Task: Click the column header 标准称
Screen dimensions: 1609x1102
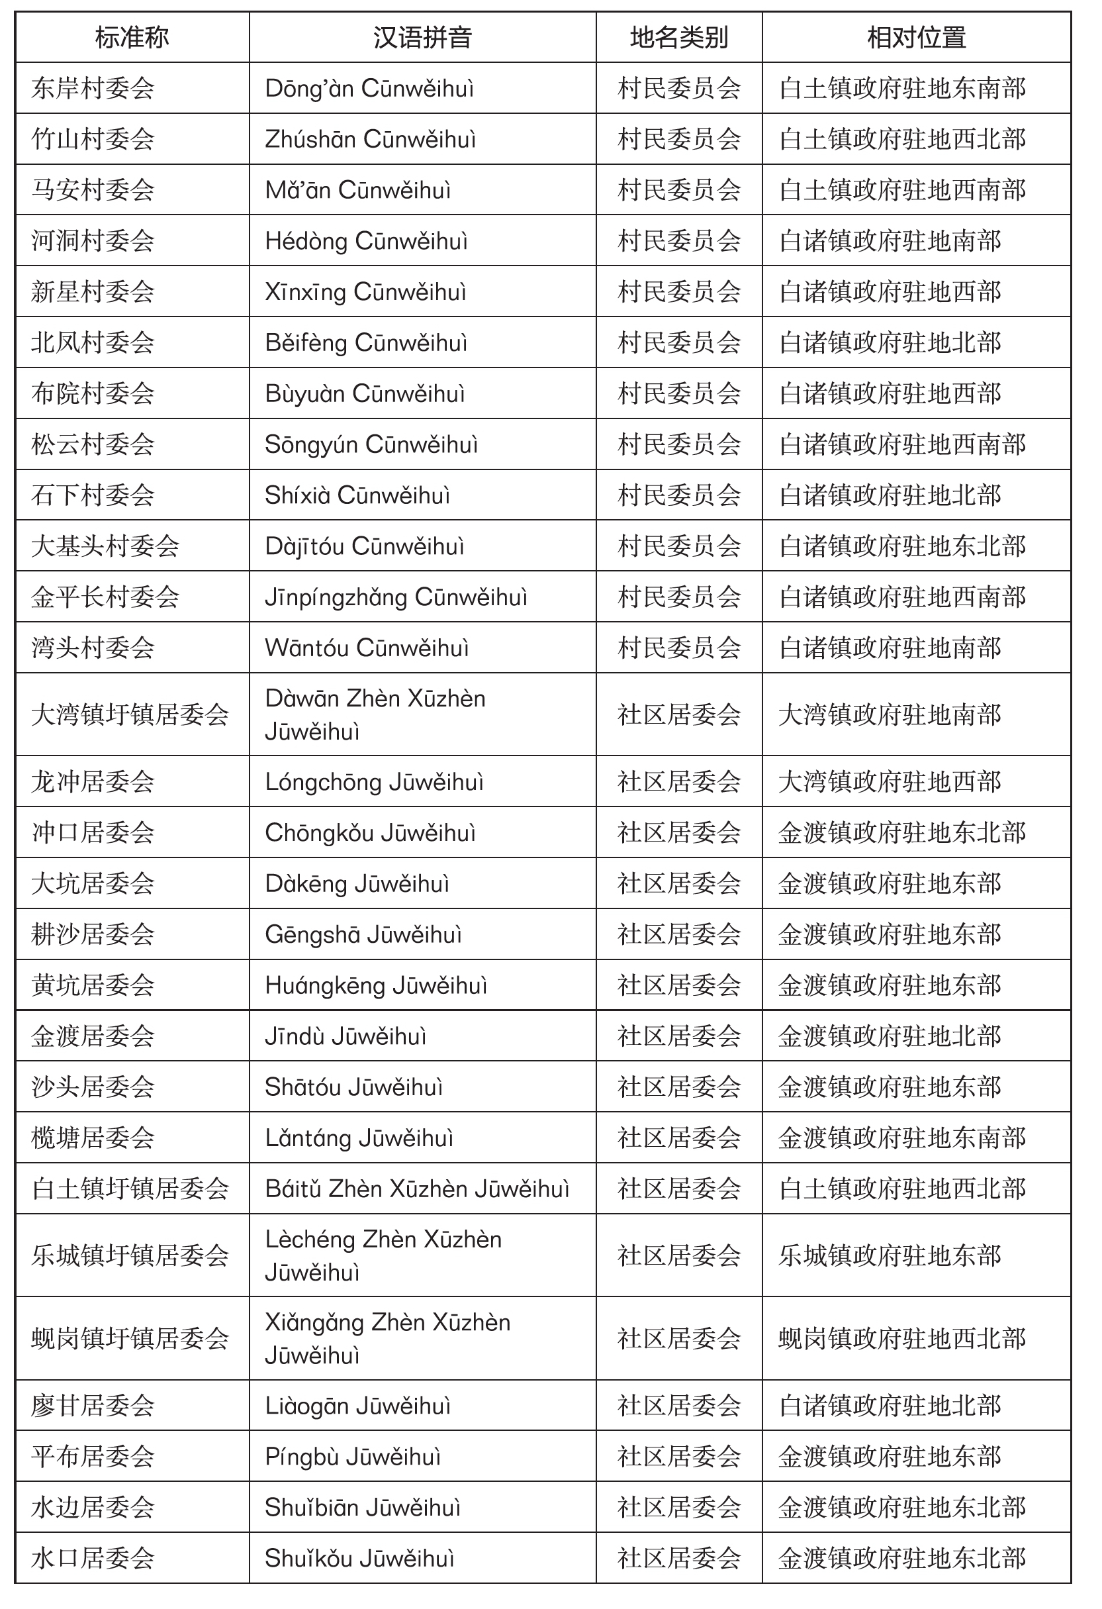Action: [132, 37]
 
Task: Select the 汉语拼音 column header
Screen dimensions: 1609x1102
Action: [422, 37]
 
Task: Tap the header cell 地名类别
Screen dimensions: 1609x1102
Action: [678, 37]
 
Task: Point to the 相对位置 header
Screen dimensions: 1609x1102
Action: [916, 37]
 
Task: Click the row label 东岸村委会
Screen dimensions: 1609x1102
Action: [93, 89]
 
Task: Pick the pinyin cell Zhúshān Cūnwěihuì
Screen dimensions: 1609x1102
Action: [371, 139]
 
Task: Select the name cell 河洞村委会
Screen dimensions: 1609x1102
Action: [93, 241]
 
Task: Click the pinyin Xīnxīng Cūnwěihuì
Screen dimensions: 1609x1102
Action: [365, 291]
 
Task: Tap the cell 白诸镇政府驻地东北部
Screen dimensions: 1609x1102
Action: [902, 546]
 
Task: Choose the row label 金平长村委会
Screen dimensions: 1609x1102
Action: [105, 597]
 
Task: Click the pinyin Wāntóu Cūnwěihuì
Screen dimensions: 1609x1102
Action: [367, 648]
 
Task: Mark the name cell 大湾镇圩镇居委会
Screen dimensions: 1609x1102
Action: [130, 714]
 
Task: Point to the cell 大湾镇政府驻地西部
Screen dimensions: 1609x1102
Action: [890, 781]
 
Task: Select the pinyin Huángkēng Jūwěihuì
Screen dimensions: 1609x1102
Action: [376, 985]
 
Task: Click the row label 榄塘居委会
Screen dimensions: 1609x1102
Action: [93, 1138]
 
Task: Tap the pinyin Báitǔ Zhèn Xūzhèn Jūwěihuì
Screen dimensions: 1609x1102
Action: [417, 1189]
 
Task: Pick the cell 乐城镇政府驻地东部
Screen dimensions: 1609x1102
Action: [890, 1255]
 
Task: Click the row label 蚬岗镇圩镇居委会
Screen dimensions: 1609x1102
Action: [130, 1338]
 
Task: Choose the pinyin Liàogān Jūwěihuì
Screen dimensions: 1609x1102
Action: [358, 1406]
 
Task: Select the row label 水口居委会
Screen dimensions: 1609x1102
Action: [93, 1559]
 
